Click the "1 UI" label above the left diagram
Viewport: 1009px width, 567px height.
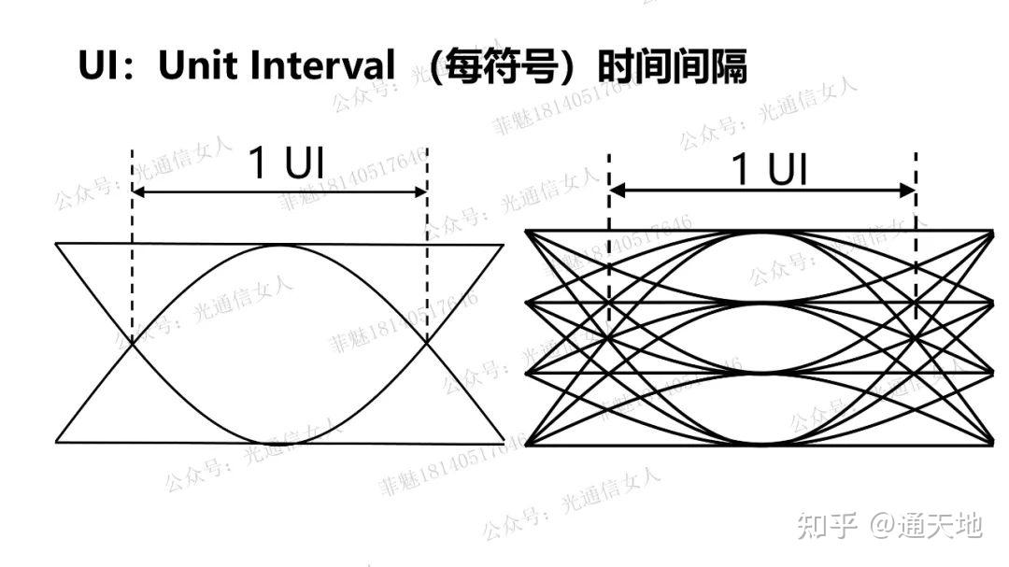pos(286,163)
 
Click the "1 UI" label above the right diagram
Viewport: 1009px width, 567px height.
pos(768,169)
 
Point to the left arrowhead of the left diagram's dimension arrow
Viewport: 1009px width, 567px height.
pos(138,192)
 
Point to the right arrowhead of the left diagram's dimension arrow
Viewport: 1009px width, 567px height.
pos(421,192)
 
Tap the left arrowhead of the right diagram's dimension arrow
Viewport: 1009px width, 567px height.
pos(615,191)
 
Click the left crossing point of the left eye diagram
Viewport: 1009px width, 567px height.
pos(133,343)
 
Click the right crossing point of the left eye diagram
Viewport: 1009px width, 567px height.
pos(427,343)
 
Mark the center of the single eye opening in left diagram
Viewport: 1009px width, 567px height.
pos(279,343)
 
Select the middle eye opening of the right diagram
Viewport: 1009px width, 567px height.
pos(761,337)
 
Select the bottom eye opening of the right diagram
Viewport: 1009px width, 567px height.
pos(761,408)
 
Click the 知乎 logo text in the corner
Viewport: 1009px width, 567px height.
pos(827,525)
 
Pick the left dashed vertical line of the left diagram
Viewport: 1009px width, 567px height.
pos(133,262)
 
